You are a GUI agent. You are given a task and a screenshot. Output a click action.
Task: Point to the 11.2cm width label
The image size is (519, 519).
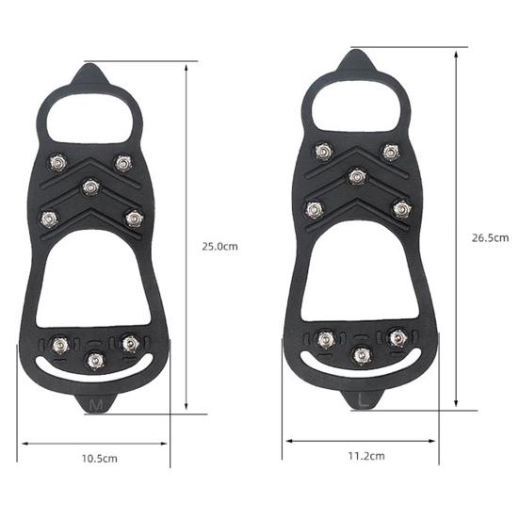366,455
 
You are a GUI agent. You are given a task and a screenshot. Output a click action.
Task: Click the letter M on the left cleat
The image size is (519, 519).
95,404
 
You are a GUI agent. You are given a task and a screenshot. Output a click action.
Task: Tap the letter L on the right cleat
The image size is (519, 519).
364,399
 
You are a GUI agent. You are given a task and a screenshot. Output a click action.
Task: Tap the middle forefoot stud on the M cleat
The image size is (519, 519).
90,187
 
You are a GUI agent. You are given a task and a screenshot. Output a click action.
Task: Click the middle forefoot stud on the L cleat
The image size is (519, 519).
356,175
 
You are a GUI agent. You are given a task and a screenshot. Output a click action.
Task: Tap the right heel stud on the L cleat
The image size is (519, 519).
398,334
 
